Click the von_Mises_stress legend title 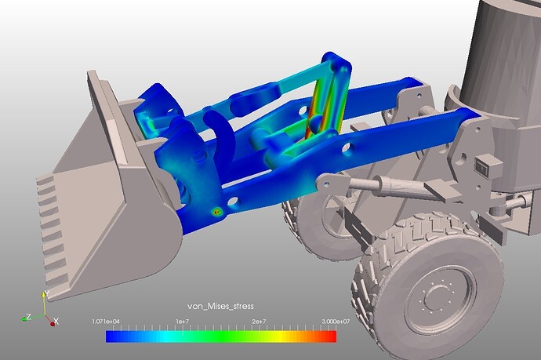click(x=220, y=306)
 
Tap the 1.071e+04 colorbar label click(x=106, y=322)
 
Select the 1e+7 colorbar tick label click(x=182, y=322)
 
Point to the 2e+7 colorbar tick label click(x=259, y=322)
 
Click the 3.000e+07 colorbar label click(x=336, y=322)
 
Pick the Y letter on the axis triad click(x=47, y=293)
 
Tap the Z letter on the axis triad click(x=29, y=316)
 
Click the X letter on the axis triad click(x=56, y=322)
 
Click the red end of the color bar click(x=332, y=336)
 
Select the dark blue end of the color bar click(x=111, y=336)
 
